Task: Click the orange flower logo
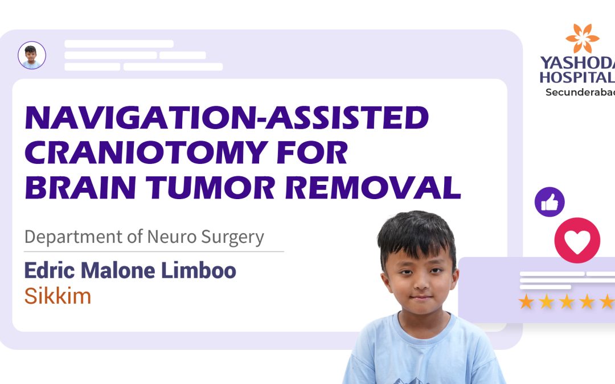pyautogui.click(x=582, y=39)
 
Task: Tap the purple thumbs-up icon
pyautogui.click(x=550, y=202)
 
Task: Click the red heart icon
pyautogui.click(x=577, y=240)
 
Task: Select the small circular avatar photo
pyautogui.click(x=32, y=55)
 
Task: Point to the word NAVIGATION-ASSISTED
pyautogui.click(x=227, y=118)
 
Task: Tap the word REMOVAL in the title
pyautogui.click(x=372, y=188)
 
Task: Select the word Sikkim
pyautogui.click(x=58, y=296)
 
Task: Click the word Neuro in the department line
pyautogui.click(x=171, y=237)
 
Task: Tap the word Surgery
pyautogui.click(x=232, y=238)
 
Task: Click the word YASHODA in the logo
pyautogui.click(x=577, y=63)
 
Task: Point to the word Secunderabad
pyautogui.click(x=580, y=92)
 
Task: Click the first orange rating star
pyautogui.click(x=526, y=302)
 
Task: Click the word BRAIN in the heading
pyautogui.click(x=81, y=188)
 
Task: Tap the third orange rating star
pyautogui.click(x=567, y=302)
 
